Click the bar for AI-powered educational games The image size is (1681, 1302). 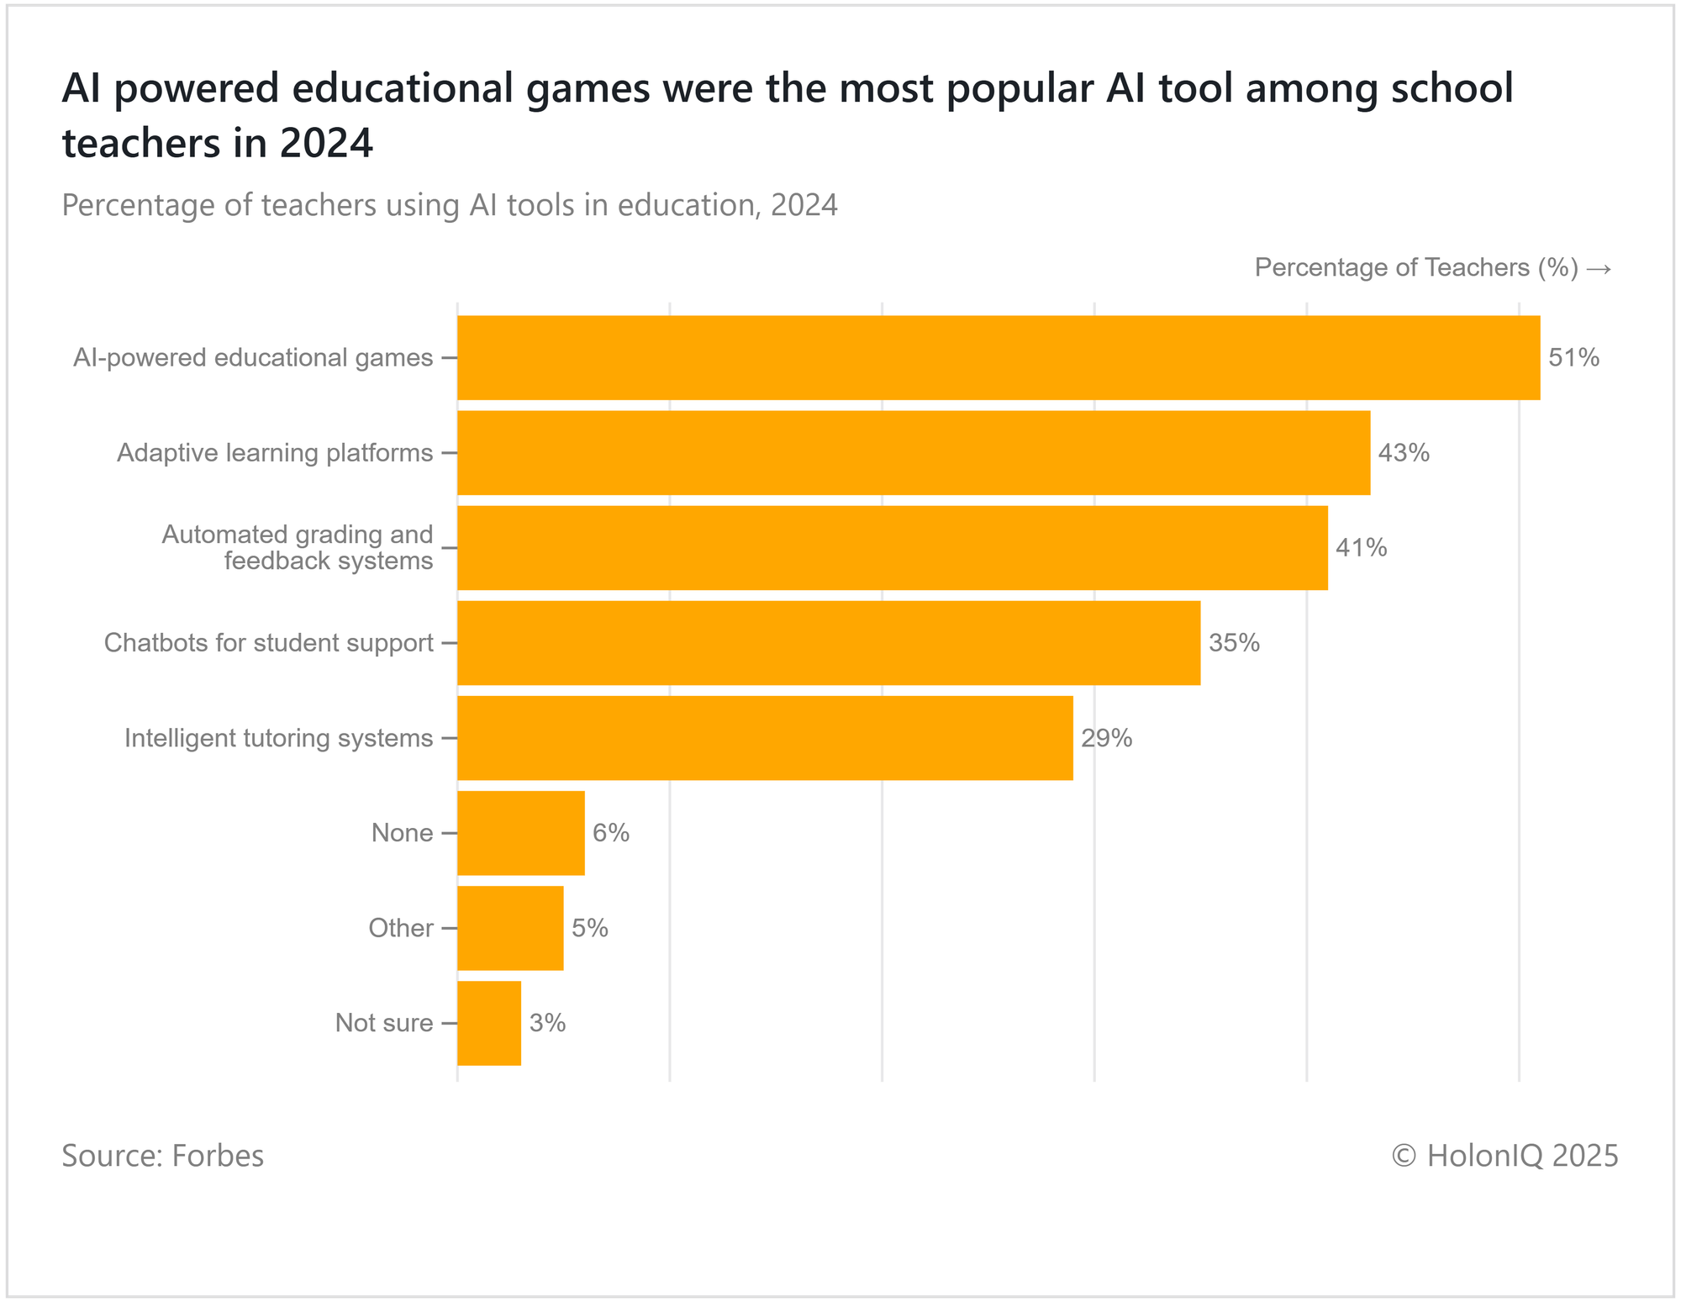click(999, 358)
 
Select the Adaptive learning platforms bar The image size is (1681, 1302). click(914, 453)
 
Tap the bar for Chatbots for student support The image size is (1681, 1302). click(829, 643)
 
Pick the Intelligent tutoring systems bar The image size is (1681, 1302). click(765, 738)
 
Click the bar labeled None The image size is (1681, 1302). click(521, 833)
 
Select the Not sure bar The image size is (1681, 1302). click(489, 1023)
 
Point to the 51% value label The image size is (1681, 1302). click(1573, 358)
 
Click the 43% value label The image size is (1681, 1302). click(1404, 453)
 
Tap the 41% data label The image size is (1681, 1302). click(1362, 548)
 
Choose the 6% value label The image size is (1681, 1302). click(611, 833)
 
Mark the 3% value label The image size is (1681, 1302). click(547, 1023)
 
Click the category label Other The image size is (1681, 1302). click(401, 928)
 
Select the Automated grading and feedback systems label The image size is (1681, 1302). click(298, 547)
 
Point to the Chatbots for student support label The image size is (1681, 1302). click(269, 643)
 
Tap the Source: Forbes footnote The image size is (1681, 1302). click(163, 1156)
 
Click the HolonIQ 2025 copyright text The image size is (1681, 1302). click(1504, 1156)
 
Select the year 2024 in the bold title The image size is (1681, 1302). click(326, 144)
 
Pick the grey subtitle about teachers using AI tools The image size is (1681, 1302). click(450, 205)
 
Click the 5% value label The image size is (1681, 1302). click(590, 928)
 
